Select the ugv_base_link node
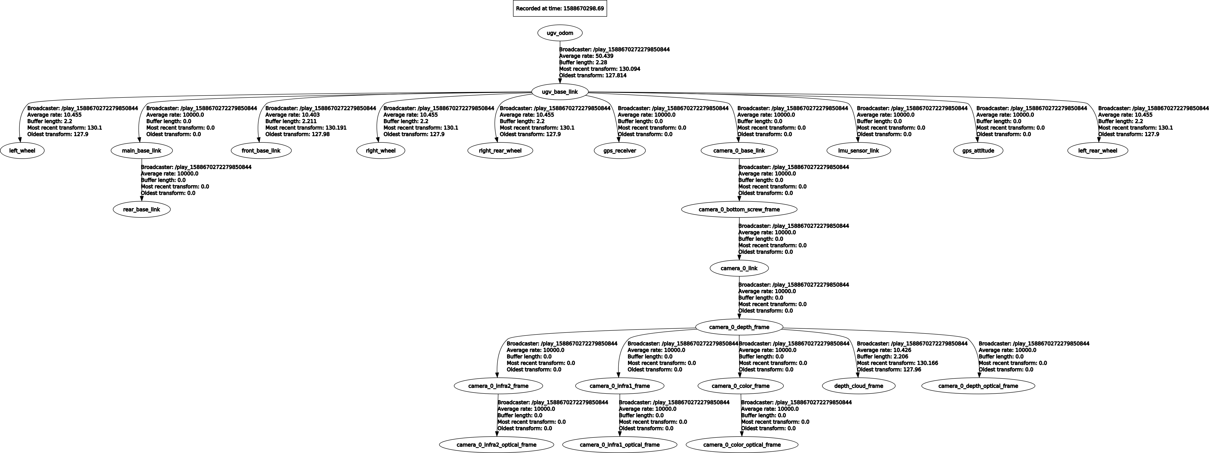[x=560, y=92]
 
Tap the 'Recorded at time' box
[x=560, y=8]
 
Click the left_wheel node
[x=22, y=151]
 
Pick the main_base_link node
[x=142, y=151]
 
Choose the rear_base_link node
[x=142, y=209]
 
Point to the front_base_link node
[x=261, y=151]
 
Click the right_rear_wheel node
[x=500, y=151]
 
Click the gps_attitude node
[x=979, y=151]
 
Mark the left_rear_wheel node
[x=1098, y=151]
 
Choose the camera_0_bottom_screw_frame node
[x=739, y=209]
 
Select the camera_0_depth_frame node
[x=739, y=327]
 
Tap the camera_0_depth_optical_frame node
[x=979, y=386]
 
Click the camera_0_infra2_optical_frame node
[x=497, y=445]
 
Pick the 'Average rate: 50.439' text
[x=586, y=56]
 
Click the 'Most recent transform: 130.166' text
[x=897, y=363]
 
